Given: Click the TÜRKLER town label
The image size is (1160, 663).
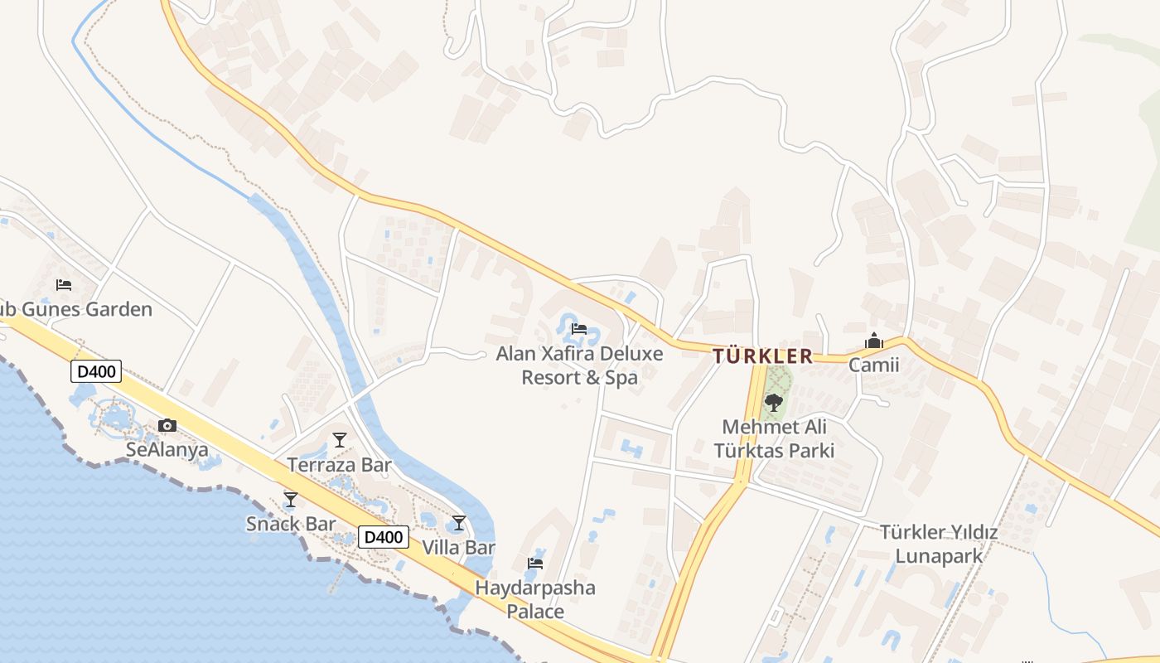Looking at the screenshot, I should pyautogui.click(x=762, y=356).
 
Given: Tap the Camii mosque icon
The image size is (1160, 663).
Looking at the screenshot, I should pyautogui.click(x=873, y=341).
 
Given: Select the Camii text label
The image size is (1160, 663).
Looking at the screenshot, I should pyautogui.click(x=873, y=365).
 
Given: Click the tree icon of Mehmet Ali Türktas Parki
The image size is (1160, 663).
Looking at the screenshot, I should pyautogui.click(x=773, y=403).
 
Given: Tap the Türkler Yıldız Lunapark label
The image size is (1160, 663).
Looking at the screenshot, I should pyautogui.click(x=938, y=544).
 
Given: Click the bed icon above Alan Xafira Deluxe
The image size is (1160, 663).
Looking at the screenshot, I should pyautogui.click(x=579, y=329).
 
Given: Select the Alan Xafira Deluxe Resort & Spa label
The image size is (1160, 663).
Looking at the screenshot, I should pyautogui.click(x=579, y=365).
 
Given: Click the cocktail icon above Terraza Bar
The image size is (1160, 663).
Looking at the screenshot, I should pyautogui.click(x=339, y=439).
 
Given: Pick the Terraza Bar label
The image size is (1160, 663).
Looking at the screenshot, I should pyautogui.click(x=339, y=465).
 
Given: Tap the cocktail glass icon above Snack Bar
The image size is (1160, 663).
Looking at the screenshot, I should pyautogui.click(x=290, y=499).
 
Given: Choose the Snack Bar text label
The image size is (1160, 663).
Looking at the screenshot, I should pyautogui.click(x=291, y=524).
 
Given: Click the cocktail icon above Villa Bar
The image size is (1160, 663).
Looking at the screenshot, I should pyautogui.click(x=458, y=523).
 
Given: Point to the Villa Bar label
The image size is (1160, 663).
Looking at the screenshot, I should pyautogui.click(x=458, y=548).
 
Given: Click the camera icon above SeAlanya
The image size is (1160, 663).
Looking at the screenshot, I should pyautogui.click(x=167, y=426).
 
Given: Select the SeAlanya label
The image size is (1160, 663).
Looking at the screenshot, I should pyautogui.click(x=167, y=450).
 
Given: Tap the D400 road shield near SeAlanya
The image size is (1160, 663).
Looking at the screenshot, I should pyautogui.click(x=97, y=371).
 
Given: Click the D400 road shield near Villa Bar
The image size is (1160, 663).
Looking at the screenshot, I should pyautogui.click(x=384, y=537).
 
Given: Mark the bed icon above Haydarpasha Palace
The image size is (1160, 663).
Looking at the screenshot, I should pyautogui.click(x=535, y=564).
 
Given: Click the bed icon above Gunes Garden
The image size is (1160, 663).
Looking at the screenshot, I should pyautogui.click(x=64, y=285).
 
